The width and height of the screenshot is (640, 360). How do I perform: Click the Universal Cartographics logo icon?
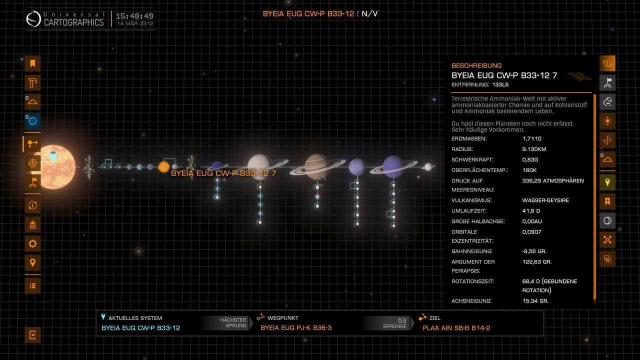tap(33, 19)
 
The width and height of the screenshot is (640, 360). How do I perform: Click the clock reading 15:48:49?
tap(134, 16)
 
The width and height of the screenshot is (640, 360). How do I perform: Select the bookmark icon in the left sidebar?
tap(32, 63)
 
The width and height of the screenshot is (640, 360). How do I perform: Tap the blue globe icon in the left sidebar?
tap(32, 121)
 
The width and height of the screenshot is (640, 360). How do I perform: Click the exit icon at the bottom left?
tap(32, 335)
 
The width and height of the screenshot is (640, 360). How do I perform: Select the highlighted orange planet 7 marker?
tap(163, 167)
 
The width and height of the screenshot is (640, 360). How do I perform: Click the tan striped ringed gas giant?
tap(317, 167)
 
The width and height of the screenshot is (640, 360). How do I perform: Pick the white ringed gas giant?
tap(260, 167)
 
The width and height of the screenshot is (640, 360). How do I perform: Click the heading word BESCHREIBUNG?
tap(476, 65)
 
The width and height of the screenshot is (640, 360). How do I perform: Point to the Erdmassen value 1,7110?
tap(531, 138)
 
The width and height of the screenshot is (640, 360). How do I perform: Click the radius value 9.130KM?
tap(534, 149)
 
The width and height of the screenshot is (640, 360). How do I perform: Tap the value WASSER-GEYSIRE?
tap(545, 200)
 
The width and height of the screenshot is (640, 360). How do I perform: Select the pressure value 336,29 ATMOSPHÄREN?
tap(553, 180)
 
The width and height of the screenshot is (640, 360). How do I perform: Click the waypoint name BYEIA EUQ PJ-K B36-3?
tap(296, 327)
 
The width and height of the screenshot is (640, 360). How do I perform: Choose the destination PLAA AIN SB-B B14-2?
tap(456, 327)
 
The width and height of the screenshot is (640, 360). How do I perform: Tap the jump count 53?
tap(402, 320)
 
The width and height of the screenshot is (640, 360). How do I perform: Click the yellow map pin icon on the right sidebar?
tap(607, 182)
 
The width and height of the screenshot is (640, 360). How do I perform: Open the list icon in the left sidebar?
tap(32, 285)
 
